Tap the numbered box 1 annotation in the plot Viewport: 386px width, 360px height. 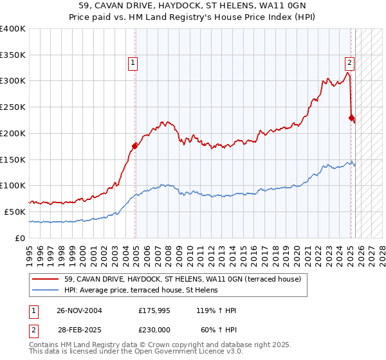133,63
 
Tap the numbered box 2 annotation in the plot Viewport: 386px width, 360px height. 349,63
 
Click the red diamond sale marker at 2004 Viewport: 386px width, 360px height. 134,146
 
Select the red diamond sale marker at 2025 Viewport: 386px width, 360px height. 351,118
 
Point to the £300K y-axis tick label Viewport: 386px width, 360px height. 13,81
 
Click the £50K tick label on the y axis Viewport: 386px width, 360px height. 15,212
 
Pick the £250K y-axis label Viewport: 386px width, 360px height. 13,107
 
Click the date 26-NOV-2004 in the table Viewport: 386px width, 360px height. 80,310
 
